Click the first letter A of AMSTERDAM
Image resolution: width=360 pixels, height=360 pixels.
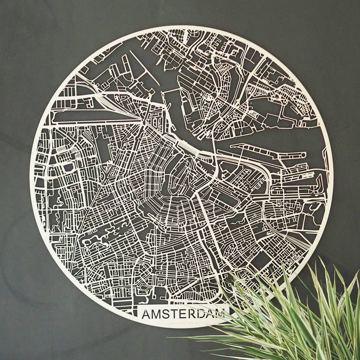[146, 314]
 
